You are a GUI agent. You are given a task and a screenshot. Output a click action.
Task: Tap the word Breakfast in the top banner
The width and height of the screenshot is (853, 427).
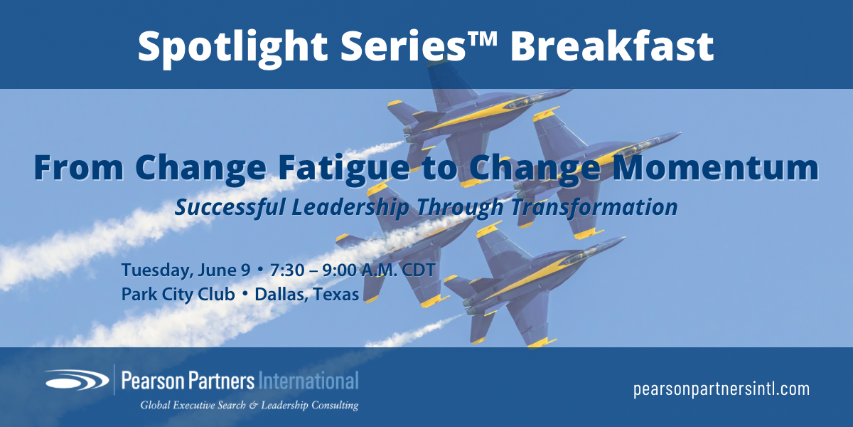point(612,46)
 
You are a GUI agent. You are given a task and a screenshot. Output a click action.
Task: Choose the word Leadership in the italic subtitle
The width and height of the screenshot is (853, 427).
point(350,208)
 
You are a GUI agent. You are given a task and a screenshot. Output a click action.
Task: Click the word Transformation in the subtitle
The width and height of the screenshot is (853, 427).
point(594,207)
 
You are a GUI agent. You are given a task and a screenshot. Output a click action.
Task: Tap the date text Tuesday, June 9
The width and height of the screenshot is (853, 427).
point(186,270)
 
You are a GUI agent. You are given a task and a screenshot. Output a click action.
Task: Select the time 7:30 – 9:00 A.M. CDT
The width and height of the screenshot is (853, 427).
point(353,270)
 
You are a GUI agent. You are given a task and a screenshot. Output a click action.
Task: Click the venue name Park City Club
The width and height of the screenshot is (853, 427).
point(178,295)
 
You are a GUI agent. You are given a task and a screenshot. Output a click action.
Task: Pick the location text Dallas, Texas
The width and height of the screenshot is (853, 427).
point(306,295)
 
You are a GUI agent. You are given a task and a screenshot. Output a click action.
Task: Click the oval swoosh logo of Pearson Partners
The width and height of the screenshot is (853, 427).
point(77,380)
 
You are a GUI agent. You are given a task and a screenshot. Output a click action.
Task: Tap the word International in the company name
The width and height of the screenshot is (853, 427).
point(309,381)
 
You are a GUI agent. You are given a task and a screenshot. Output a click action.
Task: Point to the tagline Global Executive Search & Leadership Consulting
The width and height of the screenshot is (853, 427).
point(250,405)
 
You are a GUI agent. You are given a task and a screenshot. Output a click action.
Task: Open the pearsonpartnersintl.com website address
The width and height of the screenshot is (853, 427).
point(721,389)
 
